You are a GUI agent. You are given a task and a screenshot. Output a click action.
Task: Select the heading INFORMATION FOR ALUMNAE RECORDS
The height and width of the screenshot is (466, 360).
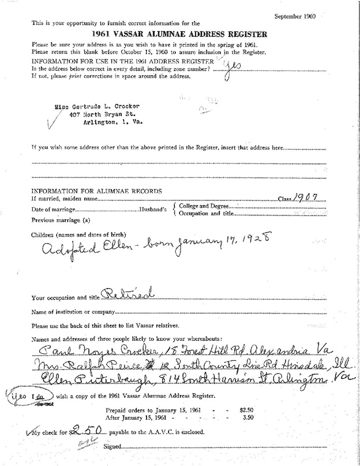[96, 191]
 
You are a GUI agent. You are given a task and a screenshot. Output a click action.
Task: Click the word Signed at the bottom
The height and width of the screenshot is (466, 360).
[113, 446]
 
